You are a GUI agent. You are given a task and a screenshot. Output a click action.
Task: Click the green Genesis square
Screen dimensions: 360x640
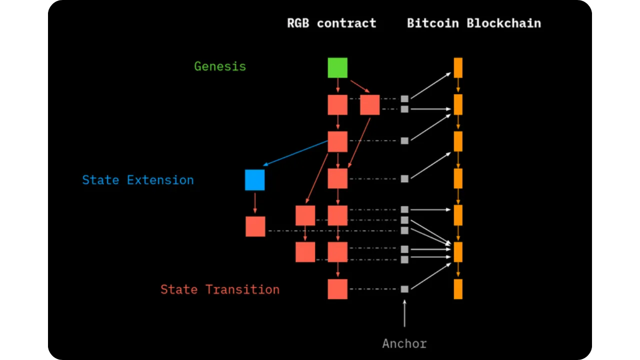click(337, 68)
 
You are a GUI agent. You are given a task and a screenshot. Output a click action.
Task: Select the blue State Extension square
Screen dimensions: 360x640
click(254, 180)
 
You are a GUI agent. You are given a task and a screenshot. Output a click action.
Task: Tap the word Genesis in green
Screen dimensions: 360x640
click(220, 66)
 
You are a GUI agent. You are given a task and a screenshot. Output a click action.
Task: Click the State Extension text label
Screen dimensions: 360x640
click(138, 180)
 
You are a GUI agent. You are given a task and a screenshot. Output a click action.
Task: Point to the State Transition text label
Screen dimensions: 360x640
click(220, 289)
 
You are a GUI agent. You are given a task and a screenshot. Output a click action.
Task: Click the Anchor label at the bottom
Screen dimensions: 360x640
click(404, 344)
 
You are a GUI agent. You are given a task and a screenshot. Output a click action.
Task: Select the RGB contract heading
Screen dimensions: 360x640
click(331, 23)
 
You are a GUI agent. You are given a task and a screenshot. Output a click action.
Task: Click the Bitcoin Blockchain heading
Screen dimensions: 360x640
click(473, 23)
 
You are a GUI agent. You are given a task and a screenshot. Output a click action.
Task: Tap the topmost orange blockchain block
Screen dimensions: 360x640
click(458, 68)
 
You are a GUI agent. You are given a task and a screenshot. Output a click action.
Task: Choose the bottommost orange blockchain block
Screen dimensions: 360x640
click(458, 289)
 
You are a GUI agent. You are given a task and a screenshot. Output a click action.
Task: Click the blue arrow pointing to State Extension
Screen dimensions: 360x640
click(295, 153)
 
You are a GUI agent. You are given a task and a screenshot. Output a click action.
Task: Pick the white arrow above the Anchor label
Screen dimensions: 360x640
click(404, 313)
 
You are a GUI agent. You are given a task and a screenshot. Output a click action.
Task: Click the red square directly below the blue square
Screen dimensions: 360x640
click(255, 226)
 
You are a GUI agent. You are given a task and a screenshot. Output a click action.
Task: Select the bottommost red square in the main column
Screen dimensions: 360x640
click(337, 289)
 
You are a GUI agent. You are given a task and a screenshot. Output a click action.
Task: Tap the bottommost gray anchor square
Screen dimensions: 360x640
click(404, 289)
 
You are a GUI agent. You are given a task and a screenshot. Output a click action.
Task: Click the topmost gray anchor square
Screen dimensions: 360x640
click(404, 99)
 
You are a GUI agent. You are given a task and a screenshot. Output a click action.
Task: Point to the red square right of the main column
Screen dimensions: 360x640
click(370, 105)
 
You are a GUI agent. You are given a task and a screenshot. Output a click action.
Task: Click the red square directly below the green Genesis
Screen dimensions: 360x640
click(337, 105)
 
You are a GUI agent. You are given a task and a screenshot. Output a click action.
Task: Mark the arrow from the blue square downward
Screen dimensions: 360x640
click(255, 202)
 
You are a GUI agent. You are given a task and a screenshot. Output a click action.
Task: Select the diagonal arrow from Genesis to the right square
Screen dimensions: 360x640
click(359, 86)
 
